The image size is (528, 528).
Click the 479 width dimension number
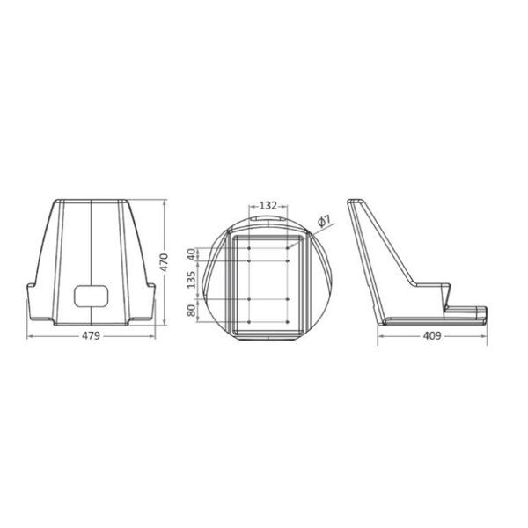92,335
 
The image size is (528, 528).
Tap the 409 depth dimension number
432,335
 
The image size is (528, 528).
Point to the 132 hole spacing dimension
268,205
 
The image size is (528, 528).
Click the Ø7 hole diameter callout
323,222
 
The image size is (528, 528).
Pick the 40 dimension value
191,253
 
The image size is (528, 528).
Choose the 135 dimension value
191,280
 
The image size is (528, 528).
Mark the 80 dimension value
191,310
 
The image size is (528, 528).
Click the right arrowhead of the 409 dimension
486,335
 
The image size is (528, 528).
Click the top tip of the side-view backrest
352,202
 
